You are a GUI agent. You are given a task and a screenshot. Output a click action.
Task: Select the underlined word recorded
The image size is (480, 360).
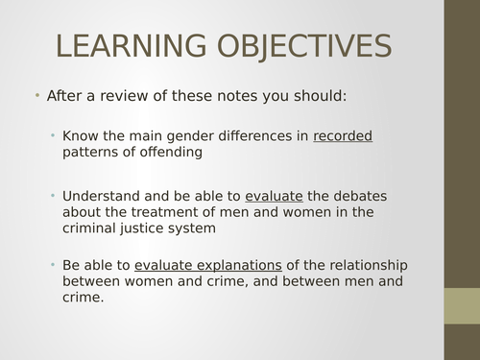(x=343, y=136)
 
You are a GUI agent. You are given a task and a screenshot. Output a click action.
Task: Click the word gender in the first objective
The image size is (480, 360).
(x=191, y=136)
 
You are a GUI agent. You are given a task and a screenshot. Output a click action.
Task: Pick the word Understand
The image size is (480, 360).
(x=99, y=195)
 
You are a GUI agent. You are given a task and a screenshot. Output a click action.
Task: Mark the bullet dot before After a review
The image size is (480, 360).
(x=36, y=96)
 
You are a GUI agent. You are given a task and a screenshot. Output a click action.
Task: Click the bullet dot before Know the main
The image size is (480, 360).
(x=54, y=135)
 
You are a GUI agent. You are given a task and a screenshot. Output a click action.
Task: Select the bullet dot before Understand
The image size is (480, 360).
(x=54, y=195)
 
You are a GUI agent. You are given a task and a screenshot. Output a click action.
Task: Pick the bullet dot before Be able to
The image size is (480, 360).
(x=54, y=264)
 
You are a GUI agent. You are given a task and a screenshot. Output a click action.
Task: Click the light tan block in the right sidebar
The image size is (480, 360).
(x=462, y=307)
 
